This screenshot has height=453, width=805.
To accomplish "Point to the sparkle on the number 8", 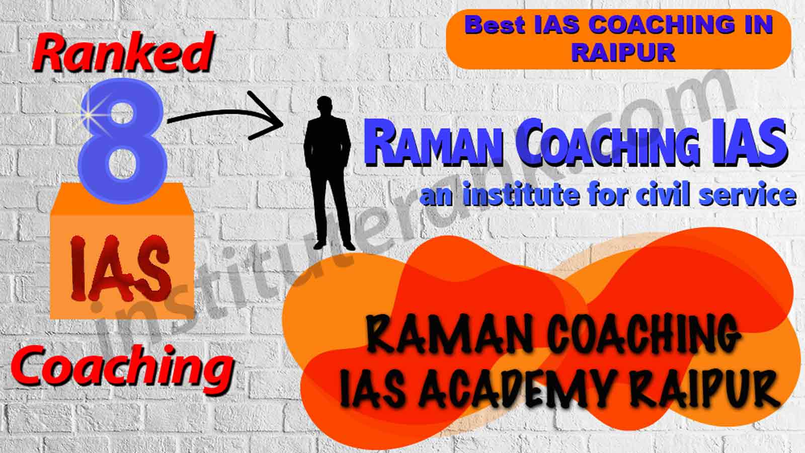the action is pos(88,115).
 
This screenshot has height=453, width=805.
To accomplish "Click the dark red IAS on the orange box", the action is pos(121,268).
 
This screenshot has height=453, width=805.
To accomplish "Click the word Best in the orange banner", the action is pos(495,26).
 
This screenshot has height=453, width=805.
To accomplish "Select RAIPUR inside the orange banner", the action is pos(623,53).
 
